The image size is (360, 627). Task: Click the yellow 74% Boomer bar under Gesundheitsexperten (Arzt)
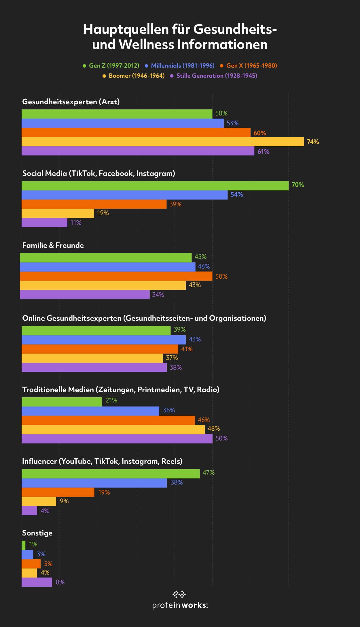point(163,142)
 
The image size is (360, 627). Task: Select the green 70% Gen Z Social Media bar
point(155,186)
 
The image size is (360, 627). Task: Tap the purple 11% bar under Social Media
point(44,223)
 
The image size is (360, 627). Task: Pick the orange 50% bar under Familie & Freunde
point(116,276)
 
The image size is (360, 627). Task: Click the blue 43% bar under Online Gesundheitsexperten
point(104,340)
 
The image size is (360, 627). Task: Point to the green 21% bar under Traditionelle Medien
point(62,402)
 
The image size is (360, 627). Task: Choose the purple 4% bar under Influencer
point(29,511)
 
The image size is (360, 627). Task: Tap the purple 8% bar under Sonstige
point(37,582)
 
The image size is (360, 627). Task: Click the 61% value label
point(264,151)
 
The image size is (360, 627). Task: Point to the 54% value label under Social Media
point(237,195)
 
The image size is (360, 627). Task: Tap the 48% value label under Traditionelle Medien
point(214,428)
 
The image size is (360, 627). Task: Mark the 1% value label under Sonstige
point(33,544)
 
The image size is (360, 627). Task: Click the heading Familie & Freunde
point(53,245)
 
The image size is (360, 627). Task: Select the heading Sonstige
point(37,533)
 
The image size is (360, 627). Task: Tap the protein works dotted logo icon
point(179,594)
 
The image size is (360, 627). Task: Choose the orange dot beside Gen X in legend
point(222,66)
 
